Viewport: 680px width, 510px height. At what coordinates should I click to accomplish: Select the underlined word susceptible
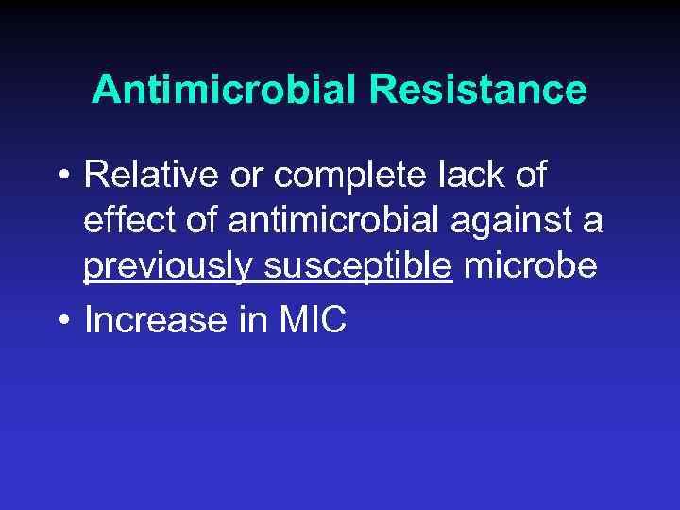(356, 268)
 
